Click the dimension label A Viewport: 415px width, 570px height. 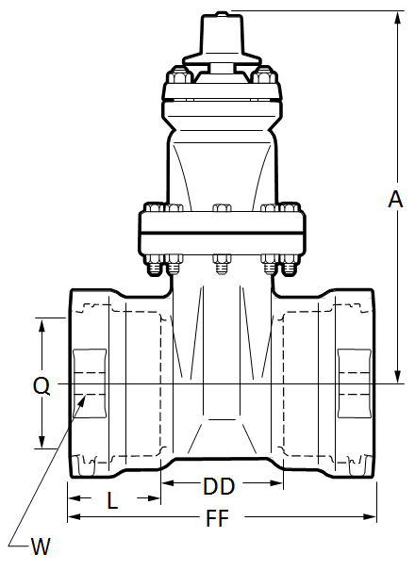[395, 199]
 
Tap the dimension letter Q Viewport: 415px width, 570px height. [41, 386]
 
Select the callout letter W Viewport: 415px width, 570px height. [40, 546]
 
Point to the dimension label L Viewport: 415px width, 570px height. [112, 500]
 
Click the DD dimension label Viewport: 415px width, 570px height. [219, 486]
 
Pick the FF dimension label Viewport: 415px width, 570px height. [217, 518]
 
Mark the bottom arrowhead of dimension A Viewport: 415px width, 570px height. [398, 377]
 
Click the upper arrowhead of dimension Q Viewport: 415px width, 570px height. [42, 326]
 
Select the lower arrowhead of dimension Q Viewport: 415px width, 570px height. [42, 442]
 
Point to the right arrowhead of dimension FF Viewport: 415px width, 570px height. [370, 516]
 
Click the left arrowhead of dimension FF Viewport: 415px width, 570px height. [75, 516]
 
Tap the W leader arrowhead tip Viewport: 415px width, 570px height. [86, 396]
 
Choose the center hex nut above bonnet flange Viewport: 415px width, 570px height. [222, 208]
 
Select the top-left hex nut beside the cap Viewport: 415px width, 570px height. [180, 77]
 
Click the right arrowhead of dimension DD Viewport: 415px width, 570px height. [276, 483]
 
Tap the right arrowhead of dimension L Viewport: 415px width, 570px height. [154, 497]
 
